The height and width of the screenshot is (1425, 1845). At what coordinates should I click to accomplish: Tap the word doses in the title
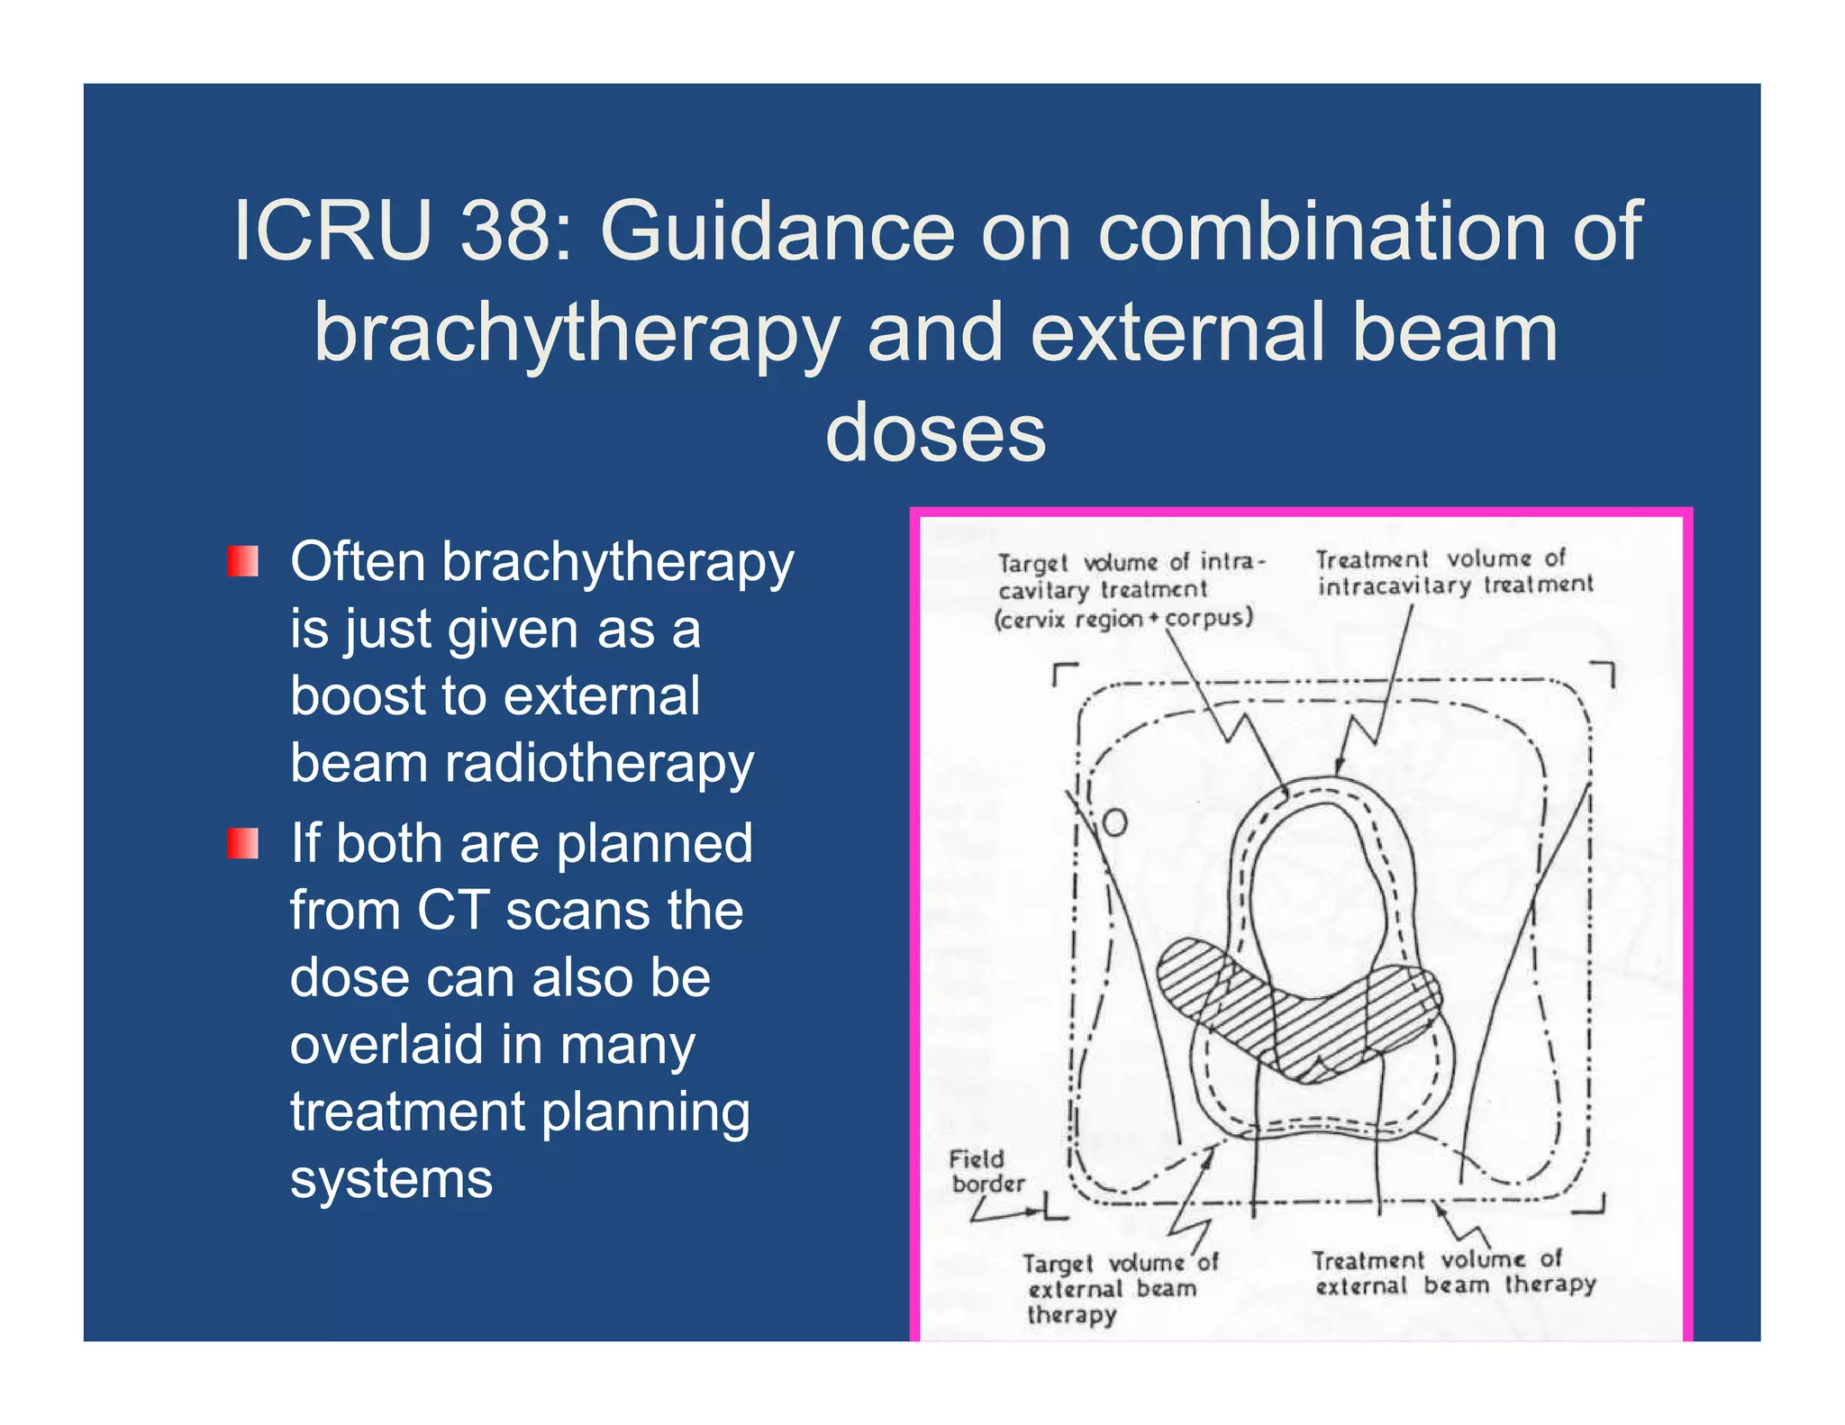[x=935, y=433]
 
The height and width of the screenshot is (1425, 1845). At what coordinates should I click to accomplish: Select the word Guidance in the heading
[x=777, y=231]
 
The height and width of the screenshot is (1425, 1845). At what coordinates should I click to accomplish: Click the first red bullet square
[x=242, y=561]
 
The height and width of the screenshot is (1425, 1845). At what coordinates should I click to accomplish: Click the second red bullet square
[x=242, y=843]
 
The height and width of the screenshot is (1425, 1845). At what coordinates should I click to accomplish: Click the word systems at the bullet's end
[x=391, y=1179]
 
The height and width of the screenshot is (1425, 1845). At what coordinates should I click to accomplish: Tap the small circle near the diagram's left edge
[x=1114, y=822]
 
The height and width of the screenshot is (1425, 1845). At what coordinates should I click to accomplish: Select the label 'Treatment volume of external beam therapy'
[x=1453, y=1272]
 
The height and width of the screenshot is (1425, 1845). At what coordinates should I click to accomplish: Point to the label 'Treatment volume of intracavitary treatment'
[x=1452, y=572]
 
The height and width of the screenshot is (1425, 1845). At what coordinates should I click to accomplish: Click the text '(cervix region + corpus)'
[x=1123, y=620]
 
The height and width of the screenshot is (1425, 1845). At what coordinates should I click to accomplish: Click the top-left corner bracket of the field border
[x=1063, y=674]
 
